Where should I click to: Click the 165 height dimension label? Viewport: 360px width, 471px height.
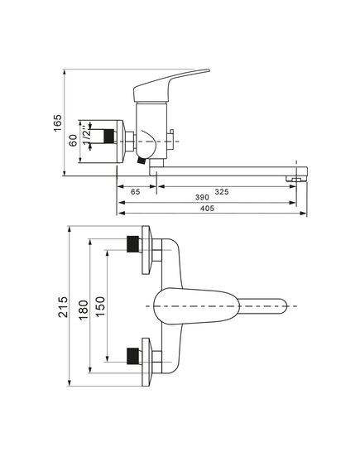(x=57, y=123)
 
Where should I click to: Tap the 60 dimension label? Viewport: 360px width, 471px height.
(x=73, y=141)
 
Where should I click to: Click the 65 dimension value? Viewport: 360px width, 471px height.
(x=136, y=192)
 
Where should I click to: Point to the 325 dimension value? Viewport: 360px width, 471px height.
(x=222, y=191)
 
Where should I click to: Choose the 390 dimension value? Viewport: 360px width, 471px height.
(x=202, y=197)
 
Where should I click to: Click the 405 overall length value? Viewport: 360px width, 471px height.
(x=207, y=208)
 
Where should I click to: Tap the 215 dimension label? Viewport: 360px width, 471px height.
(x=63, y=307)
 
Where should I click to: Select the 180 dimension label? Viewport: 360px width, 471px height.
(x=84, y=310)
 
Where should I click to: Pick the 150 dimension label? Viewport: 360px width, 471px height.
(x=100, y=306)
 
